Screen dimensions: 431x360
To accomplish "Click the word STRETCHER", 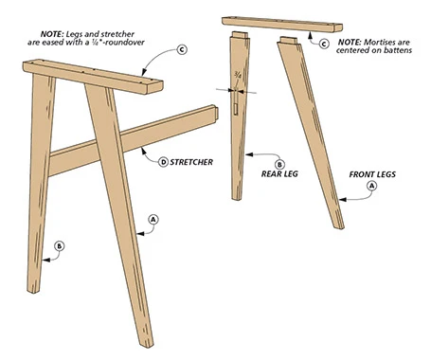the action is (x=191, y=162).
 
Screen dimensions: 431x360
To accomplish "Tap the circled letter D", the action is (x=163, y=162).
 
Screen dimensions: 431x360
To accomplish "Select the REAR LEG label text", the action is (x=279, y=173).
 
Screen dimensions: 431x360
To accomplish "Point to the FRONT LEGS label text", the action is (x=372, y=174).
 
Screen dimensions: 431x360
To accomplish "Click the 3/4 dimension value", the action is (x=237, y=75).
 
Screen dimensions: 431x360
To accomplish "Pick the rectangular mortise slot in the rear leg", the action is (x=236, y=108).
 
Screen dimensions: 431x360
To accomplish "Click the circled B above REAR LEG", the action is (x=279, y=164).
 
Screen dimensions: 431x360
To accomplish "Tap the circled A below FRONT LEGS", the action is (x=371, y=186).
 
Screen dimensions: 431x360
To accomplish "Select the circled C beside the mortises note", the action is (x=324, y=44).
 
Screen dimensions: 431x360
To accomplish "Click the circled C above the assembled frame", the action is (x=182, y=49).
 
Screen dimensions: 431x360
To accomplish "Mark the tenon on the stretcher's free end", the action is (x=216, y=113).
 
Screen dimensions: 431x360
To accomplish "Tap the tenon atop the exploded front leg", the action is (x=289, y=41).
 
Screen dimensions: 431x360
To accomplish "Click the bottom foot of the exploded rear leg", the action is (x=237, y=196).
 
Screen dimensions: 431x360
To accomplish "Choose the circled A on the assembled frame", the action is (x=153, y=220).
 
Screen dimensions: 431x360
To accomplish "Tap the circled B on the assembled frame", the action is (x=60, y=246).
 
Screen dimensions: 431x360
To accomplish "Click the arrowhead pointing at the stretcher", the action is (x=144, y=151).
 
